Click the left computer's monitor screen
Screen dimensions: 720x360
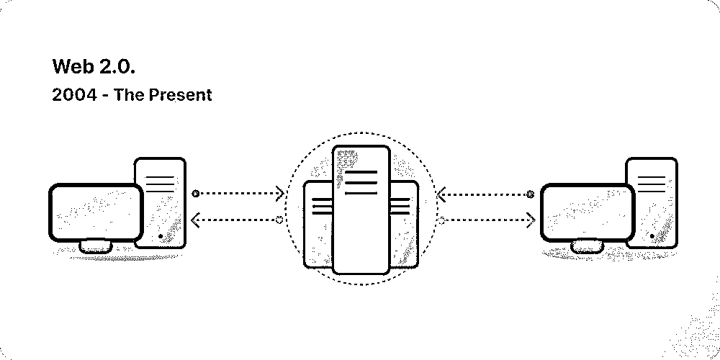(96, 212)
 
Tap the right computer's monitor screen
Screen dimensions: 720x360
(588, 212)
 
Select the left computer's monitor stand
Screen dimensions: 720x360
(96, 246)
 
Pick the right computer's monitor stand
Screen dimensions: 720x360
(588, 246)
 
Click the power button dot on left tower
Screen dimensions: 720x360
(161, 236)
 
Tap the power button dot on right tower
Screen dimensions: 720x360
(652, 236)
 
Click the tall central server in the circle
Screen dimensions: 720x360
(361, 210)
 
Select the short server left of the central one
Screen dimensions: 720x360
(318, 224)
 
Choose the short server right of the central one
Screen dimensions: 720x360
(404, 224)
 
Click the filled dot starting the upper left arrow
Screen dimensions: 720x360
(196, 193)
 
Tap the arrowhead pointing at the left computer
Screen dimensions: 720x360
(195, 220)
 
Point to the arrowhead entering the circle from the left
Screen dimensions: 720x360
(279, 193)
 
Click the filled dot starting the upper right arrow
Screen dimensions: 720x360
(531, 194)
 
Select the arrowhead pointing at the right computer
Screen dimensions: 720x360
(531, 220)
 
